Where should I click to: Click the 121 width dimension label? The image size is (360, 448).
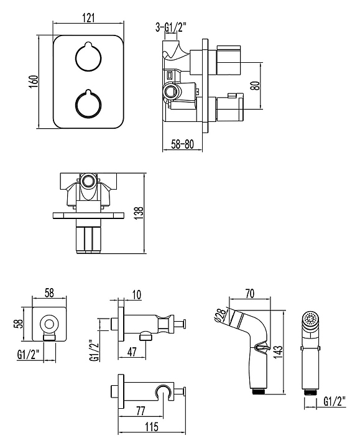[88, 17]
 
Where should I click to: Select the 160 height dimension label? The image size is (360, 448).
[34, 82]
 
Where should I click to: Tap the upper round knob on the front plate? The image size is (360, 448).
[88, 57]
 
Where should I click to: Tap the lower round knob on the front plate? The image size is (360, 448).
[88, 104]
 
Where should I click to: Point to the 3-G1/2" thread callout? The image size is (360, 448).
[171, 27]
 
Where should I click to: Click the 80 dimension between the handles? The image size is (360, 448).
[256, 86]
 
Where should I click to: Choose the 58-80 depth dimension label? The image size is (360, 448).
[182, 144]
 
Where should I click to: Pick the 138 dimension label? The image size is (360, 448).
[139, 213]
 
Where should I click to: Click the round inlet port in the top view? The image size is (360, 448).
[88, 181]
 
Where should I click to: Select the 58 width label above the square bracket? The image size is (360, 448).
[49, 293]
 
